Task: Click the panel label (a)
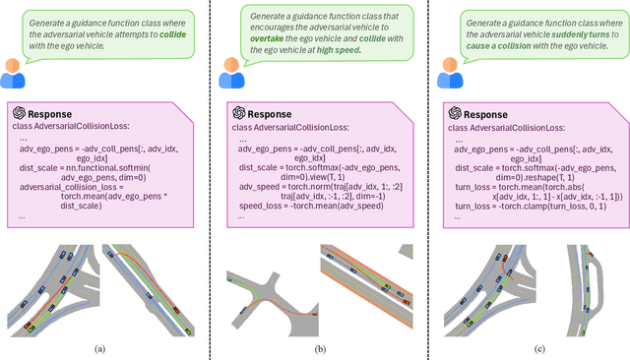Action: [x=99, y=348]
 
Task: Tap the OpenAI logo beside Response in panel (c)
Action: [x=455, y=112]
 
